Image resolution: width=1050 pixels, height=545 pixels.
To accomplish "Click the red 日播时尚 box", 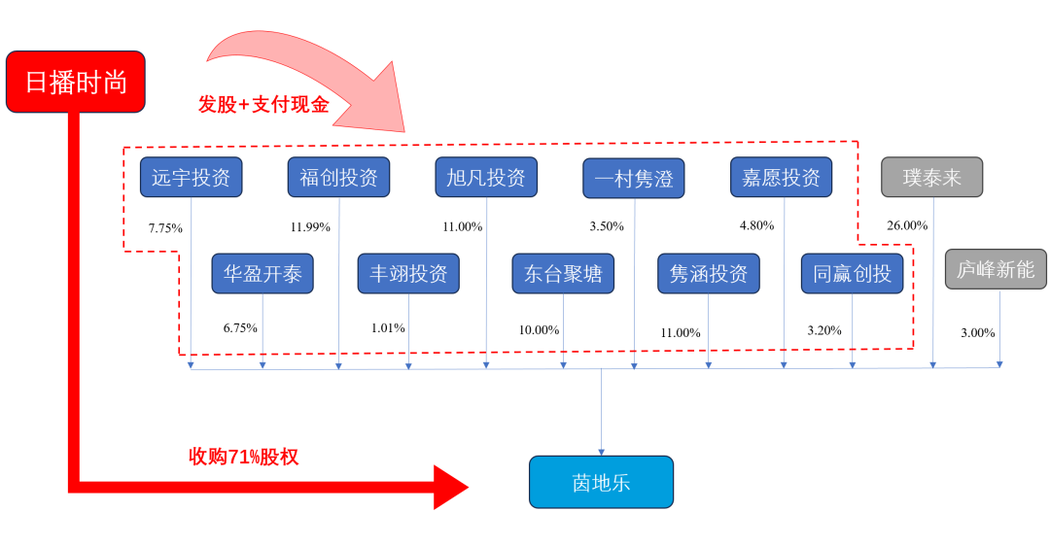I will click(75, 82).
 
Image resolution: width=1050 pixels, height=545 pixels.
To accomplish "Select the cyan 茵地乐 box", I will click(601, 482).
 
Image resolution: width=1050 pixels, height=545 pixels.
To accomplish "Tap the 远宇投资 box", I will click(191, 178).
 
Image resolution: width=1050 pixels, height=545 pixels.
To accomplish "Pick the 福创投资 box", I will click(338, 178).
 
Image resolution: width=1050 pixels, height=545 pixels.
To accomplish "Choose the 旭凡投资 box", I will click(486, 178).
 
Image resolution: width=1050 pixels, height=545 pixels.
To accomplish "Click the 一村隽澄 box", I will click(634, 179).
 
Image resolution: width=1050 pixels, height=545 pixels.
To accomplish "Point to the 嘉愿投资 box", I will click(781, 178).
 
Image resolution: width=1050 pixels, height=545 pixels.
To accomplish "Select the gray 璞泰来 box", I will click(931, 178).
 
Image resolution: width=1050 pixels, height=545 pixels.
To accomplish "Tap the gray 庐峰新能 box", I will click(996, 269).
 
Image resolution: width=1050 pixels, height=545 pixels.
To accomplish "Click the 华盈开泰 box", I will click(262, 274).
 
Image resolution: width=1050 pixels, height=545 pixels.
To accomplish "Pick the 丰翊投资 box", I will click(408, 274).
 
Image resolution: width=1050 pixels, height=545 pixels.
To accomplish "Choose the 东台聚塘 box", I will click(563, 274).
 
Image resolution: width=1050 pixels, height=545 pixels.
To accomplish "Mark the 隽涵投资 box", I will click(708, 274).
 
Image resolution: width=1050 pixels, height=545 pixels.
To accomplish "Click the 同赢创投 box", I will click(852, 274).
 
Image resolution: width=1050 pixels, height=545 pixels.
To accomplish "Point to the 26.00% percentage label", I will click(907, 225).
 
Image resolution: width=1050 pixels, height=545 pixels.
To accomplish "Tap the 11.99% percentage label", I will click(310, 227).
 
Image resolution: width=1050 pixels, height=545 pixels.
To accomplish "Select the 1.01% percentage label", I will click(388, 327).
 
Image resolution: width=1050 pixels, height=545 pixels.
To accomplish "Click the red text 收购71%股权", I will click(243, 457).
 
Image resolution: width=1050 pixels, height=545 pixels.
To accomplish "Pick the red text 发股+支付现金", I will click(263, 105).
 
